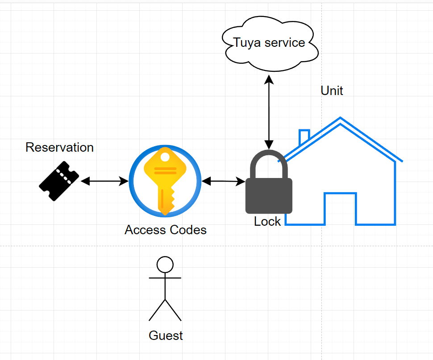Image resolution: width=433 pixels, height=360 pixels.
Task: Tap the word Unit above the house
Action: [x=332, y=91]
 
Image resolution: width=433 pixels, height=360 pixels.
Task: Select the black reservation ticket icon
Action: [x=59, y=181]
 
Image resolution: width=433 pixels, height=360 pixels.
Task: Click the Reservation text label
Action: [x=59, y=147]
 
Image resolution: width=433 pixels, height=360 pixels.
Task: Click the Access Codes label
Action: [x=166, y=230]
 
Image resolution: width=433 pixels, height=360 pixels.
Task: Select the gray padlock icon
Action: [x=269, y=194]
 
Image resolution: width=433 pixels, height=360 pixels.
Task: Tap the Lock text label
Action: [x=267, y=221]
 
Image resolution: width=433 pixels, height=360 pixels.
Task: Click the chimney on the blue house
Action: [x=304, y=136]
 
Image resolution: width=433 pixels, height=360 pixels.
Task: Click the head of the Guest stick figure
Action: [x=165, y=265]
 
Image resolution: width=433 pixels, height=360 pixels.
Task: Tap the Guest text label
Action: [x=166, y=335]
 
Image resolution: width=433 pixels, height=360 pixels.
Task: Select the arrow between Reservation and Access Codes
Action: [x=104, y=181]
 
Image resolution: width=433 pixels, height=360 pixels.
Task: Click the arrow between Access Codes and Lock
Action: [x=223, y=181]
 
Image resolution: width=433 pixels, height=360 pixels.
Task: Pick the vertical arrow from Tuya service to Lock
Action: [x=269, y=112]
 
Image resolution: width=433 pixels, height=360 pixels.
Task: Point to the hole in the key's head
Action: [x=165, y=157]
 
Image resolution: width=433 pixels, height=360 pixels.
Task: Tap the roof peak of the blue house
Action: [x=341, y=119]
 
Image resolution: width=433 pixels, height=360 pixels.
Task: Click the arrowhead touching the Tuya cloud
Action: [x=269, y=79]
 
